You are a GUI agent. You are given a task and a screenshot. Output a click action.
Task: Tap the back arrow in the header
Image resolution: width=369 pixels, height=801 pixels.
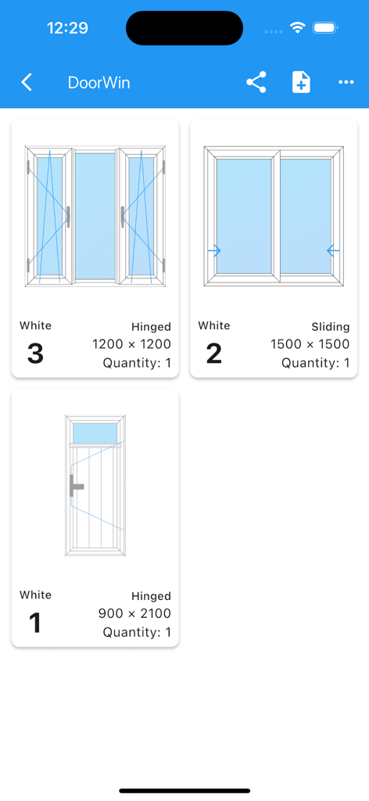click(27, 82)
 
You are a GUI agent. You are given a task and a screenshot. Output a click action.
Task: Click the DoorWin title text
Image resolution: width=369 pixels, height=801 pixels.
click(99, 83)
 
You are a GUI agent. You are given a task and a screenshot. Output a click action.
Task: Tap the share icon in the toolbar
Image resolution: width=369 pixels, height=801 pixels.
click(256, 82)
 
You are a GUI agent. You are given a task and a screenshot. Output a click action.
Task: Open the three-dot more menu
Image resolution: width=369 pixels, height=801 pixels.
click(346, 82)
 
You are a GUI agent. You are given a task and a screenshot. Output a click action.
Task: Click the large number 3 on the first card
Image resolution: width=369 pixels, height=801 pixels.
click(35, 354)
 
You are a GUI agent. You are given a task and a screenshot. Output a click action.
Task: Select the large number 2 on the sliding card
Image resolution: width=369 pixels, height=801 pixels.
click(213, 354)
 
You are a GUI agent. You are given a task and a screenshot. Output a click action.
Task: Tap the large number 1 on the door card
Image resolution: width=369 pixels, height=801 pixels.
click(35, 623)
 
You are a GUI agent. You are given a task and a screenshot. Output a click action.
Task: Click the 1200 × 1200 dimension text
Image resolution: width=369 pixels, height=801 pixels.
click(131, 344)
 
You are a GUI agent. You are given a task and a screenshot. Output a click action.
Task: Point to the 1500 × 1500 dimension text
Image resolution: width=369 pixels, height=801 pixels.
click(310, 344)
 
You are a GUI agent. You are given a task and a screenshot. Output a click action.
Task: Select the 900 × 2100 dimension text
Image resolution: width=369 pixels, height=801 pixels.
click(134, 614)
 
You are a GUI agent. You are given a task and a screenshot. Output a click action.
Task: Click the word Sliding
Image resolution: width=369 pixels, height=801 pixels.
click(330, 326)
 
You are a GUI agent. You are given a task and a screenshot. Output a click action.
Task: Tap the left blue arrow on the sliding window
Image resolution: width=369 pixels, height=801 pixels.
click(214, 251)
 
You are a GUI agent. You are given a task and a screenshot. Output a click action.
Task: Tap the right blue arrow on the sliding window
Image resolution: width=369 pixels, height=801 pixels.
click(333, 251)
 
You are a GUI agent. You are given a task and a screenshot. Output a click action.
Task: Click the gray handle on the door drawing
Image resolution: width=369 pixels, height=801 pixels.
click(76, 486)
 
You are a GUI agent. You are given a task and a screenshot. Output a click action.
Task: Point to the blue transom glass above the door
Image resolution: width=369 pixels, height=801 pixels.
click(95, 433)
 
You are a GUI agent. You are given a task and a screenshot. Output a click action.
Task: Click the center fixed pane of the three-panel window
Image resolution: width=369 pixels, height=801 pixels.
click(95, 216)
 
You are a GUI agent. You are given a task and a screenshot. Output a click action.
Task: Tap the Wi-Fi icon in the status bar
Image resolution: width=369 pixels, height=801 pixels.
click(297, 27)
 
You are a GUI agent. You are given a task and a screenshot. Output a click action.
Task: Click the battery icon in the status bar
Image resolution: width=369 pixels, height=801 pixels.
click(325, 27)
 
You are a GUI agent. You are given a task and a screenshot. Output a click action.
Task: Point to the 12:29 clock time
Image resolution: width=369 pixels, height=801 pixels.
click(67, 28)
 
